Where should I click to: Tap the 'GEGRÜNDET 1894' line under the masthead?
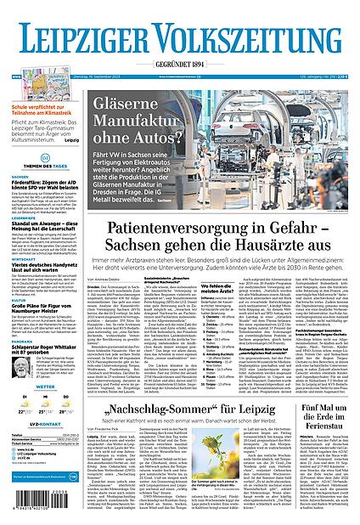click(180, 65)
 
